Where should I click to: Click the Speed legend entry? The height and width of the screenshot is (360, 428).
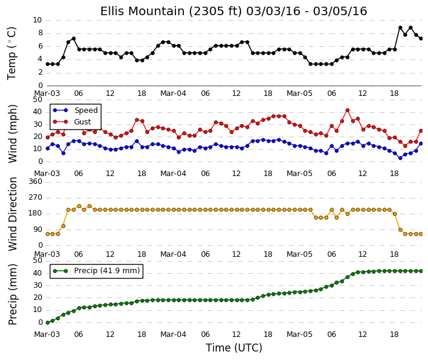tap(75, 110)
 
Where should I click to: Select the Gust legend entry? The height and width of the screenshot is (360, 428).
tap(72, 122)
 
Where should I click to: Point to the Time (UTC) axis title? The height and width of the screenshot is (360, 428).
tap(234, 348)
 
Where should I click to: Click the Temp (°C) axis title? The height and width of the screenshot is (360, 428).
tap(12, 53)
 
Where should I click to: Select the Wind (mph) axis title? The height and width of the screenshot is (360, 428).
tap(12, 134)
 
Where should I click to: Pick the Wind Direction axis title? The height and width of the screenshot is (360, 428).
tap(12, 214)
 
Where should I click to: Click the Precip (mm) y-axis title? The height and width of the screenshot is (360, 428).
tap(12, 294)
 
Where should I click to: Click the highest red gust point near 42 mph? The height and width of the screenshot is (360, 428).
tap(347, 110)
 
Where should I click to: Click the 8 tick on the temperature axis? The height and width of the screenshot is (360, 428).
tap(41, 33)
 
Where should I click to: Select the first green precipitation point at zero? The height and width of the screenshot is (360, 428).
tap(47, 322)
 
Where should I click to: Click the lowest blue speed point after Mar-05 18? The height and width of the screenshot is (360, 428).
tap(400, 158)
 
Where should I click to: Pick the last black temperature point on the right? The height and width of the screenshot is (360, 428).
tap(421, 38)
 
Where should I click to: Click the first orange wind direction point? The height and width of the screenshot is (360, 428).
tap(47, 234)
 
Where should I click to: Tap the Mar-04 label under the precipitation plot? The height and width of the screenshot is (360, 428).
tap(173, 335)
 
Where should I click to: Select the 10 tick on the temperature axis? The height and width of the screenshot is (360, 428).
tap(38, 20)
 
